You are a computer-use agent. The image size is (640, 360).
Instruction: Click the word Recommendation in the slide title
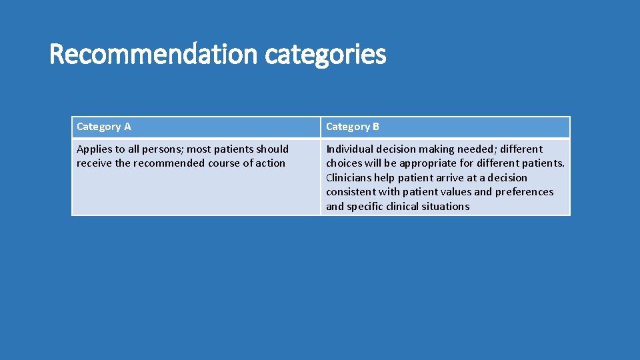153,54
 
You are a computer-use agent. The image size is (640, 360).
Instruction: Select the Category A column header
104,127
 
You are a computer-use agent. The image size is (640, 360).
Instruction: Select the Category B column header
353,127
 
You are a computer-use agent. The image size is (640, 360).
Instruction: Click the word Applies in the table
95,149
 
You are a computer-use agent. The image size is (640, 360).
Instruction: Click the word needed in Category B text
476,149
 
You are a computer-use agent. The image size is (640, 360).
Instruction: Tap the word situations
445,207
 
